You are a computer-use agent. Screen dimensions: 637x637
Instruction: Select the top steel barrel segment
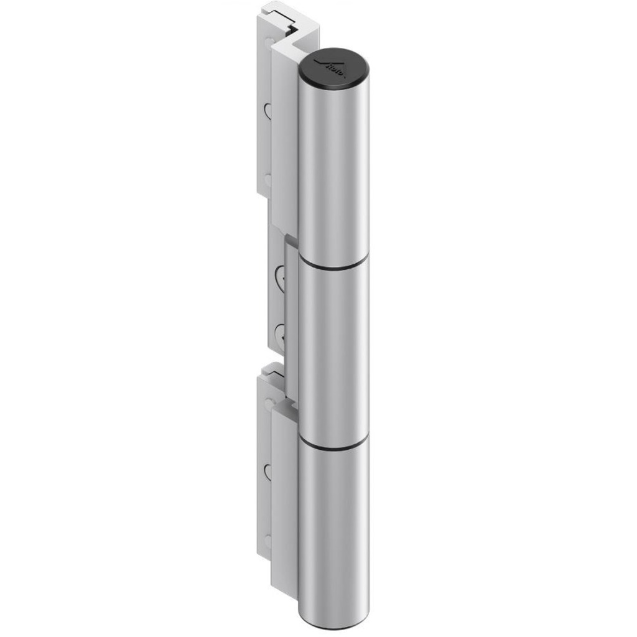pyautogui.click(x=334, y=168)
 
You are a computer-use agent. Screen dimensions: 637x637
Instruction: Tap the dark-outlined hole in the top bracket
pyautogui.click(x=267, y=111)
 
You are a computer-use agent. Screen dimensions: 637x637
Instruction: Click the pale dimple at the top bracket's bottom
pyautogui.click(x=268, y=180)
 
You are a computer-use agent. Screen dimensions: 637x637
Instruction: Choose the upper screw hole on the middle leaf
pyautogui.click(x=281, y=274)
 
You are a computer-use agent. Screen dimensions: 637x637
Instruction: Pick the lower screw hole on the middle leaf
pyautogui.click(x=281, y=333)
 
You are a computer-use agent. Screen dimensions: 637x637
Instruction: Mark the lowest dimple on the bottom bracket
pyautogui.click(x=268, y=541)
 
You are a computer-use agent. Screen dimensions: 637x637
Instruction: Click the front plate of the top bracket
pyautogui.click(x=283, y=137)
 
